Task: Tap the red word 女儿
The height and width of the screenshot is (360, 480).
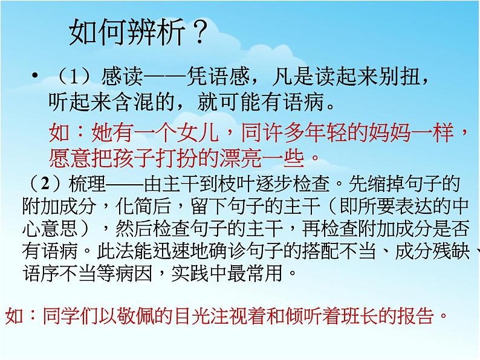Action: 206,131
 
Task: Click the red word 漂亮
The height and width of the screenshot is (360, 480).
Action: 229,157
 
